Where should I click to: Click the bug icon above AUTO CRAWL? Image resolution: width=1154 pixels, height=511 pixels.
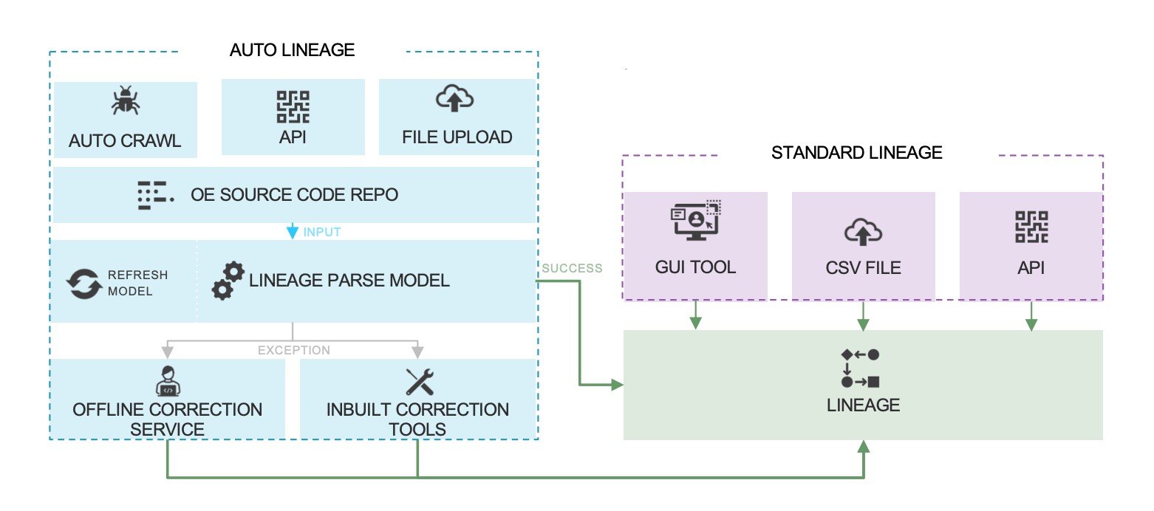[126, 101]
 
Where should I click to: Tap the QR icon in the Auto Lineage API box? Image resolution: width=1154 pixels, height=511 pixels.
[293, 106]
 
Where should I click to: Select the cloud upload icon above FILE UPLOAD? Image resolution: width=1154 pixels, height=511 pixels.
[455, 99]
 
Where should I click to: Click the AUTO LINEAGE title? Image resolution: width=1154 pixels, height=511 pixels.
[292, 50]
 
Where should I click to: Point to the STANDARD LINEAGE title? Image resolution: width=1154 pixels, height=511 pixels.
[856, 153]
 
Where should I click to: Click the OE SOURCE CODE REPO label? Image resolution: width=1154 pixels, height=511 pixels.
[294, 195]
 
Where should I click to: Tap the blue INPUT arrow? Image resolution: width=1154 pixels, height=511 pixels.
[293, 231]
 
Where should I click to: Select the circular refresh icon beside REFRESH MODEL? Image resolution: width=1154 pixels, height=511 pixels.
[83, 284]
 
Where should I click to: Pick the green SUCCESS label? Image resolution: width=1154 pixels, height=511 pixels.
[572, 268]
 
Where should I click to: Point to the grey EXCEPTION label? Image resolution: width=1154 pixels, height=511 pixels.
[293, 350]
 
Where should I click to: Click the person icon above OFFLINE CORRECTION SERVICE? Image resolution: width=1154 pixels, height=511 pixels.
[168, 380]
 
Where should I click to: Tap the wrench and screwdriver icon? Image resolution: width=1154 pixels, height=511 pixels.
[419, 381]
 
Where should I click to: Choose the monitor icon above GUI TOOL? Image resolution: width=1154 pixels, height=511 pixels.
[694, 222]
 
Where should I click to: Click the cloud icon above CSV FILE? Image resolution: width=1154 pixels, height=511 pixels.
[862, 232]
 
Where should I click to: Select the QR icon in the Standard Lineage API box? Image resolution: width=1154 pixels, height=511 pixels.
[1031, 227]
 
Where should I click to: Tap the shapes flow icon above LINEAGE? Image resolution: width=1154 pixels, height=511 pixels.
[861, 368]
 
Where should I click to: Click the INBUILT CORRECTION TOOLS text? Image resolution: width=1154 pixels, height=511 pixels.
[417, 419]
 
